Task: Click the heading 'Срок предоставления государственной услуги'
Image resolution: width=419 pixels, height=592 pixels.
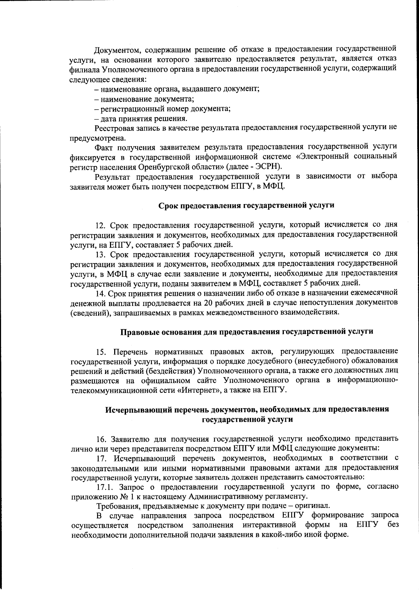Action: (246, 205)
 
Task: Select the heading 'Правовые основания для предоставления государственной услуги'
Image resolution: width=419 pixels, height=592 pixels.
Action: (247, 331)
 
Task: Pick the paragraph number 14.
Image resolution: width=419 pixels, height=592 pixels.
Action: (100, 292)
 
